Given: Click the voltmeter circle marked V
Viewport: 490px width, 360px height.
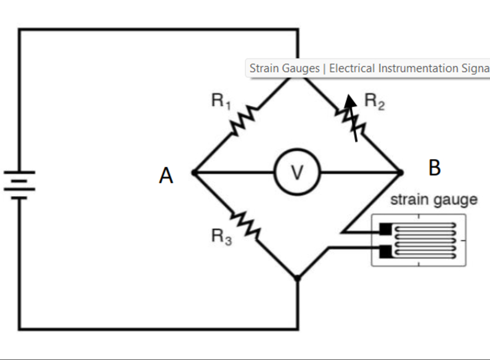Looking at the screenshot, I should tap(296, 173).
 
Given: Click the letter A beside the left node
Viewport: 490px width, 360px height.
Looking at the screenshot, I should tap(166, 176).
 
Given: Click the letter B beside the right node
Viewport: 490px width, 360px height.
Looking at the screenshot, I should tap(435, 168).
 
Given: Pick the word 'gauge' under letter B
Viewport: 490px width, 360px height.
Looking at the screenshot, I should tap(456, 200).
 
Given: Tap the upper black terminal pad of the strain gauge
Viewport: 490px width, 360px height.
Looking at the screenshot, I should tap(386, 230).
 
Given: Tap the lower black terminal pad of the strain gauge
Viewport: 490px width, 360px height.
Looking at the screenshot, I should tap(386, 251).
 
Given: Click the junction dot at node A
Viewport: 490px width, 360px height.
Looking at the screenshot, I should tap(194, 173).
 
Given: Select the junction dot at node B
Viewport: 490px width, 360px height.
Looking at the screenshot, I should tap(400, 173).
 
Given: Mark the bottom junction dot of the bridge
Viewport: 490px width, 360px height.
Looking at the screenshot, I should tap(298, 278).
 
